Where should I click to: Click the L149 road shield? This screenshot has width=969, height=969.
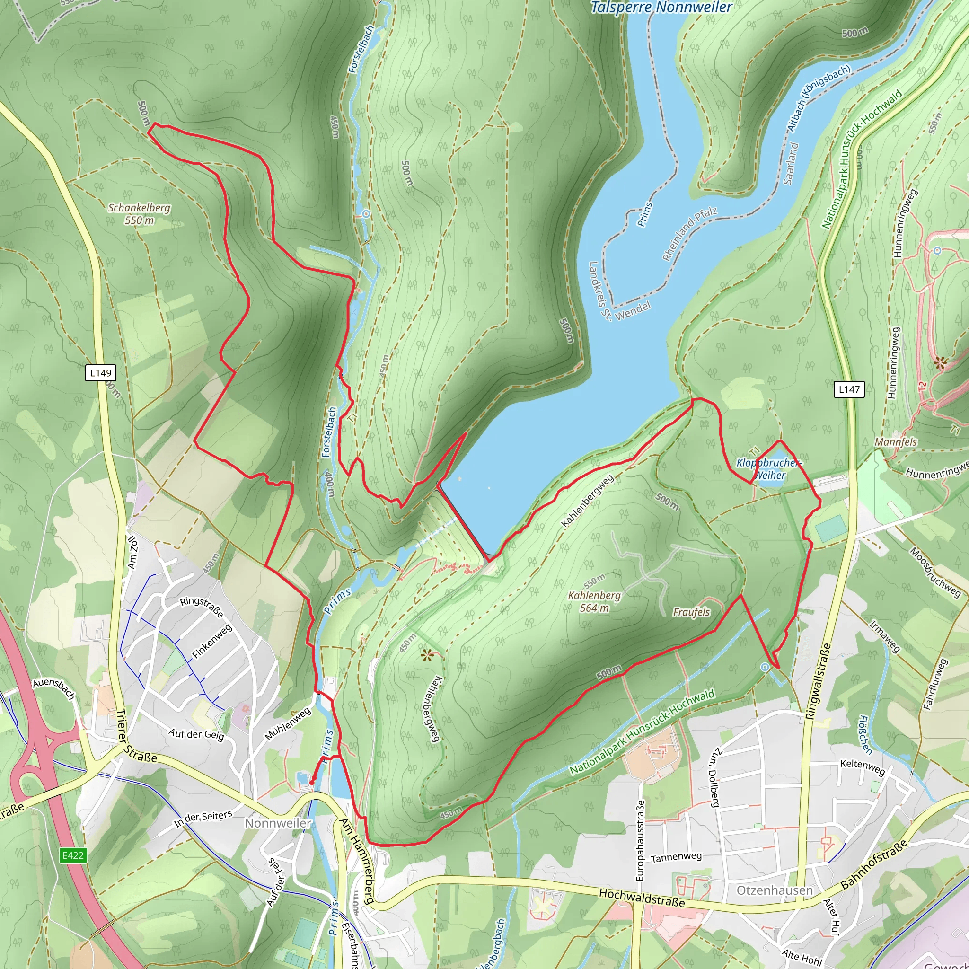pyautogui.click(x=101, y=373)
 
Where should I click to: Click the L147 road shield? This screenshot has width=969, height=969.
pyautogui.click(x=849, y=389)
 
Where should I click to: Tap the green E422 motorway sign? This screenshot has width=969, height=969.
pyautogui.click(x=73, y=855)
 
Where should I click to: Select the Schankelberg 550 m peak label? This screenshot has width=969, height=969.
pyautogui.click(x=140, y=214)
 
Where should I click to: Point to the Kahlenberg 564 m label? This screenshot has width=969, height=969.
pyautogui.click(x=594, y=601)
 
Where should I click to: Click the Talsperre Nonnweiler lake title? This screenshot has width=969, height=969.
pyautogui.click(x=661, y=8)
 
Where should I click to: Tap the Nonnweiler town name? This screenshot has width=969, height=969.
pyautogui.click(x=278, y=823)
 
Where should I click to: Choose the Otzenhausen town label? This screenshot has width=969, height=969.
pyautogui.click(x=775, y=890)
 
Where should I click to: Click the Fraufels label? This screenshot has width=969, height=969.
pyautogui.click(x=691, y=612)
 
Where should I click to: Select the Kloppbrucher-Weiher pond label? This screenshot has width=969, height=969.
pyautogui.click(x=769, y=468)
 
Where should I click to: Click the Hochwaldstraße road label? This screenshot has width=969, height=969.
pyautogui.click(x=642, y=897)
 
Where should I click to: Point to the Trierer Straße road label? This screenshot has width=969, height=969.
pyautogui.click(x=136, y=736)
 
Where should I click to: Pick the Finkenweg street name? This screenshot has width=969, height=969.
pyautogui.click(x=212, y=642)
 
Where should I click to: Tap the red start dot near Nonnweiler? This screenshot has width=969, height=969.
pyautogui.click(x=311, y=782)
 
